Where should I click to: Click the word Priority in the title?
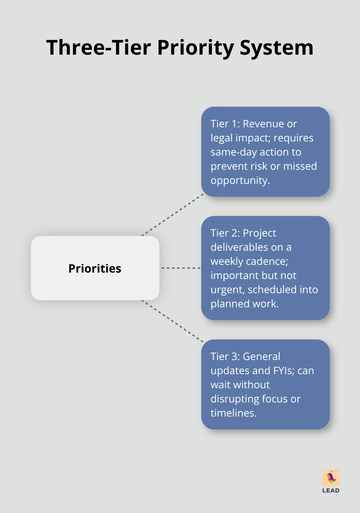(x=195, y=48)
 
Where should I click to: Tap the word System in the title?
(x=276, y=48)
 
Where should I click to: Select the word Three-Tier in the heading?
(x=98, y=48)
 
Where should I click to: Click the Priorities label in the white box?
(x=95, y=268)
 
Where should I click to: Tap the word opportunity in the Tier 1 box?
(x=240, y=180)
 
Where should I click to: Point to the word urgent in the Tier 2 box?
(x=227, y=290)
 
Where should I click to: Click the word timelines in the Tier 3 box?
(x=233, y=413)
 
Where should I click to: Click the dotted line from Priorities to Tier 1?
(x=173, y=214)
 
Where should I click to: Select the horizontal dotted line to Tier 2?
(x=181, y=268)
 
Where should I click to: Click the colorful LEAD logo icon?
(x=331, y=478)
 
